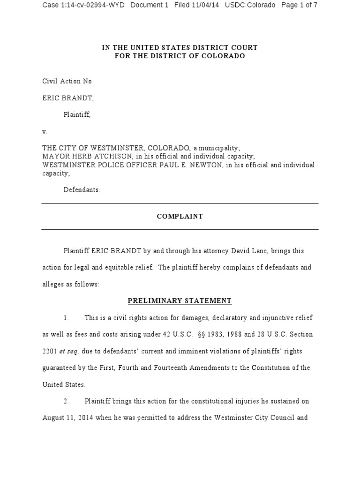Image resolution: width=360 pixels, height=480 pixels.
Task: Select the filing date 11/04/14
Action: pos(204,6)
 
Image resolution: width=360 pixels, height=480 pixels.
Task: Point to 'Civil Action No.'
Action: pos(68,82)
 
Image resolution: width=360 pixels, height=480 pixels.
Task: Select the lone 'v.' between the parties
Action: pos(45,132)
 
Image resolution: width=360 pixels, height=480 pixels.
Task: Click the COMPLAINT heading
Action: pos(180,217)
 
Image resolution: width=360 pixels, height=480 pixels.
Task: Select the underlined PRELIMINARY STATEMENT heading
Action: pos(180,301)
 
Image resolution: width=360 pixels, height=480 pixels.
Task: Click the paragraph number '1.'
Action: pos(66,318)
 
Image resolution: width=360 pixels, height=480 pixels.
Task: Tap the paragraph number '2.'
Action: pos(66,402)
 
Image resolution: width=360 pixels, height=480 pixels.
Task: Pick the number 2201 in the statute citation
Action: pos(50,351)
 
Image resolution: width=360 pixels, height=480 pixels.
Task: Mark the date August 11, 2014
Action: pos(68,418)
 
